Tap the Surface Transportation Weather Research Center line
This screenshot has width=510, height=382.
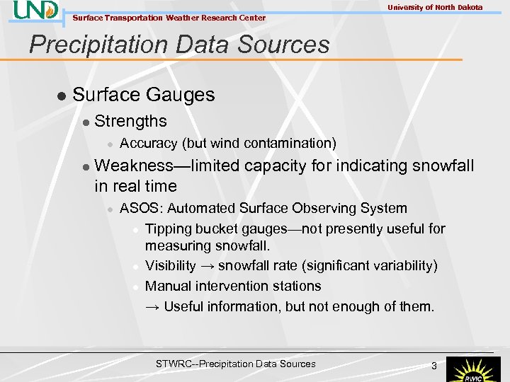(x=169, y=18)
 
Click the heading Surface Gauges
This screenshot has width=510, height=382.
(x=144, y=95)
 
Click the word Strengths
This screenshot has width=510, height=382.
(x=130, y=121)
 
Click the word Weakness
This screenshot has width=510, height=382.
(x=132, y=166)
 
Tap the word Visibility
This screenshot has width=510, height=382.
(x=170, y=265)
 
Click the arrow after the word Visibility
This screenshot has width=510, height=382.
(x=207, y=266)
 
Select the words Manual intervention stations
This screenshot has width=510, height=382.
(x=233, y=286)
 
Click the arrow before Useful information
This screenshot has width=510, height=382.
(x=152, y=307)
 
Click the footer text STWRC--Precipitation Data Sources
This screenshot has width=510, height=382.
(x=236, y=364)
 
